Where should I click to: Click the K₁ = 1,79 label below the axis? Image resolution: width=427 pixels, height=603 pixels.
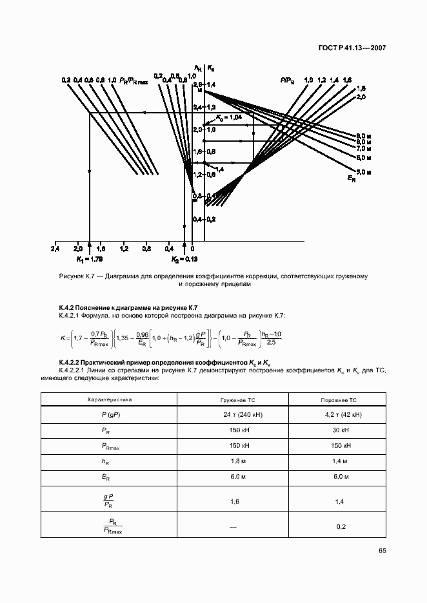point(89,259)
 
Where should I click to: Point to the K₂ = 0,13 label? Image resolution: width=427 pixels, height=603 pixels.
point(184,259)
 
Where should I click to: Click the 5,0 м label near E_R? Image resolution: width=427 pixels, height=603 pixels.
point(363,173)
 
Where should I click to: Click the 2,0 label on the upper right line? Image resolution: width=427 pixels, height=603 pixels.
point(361,96)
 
